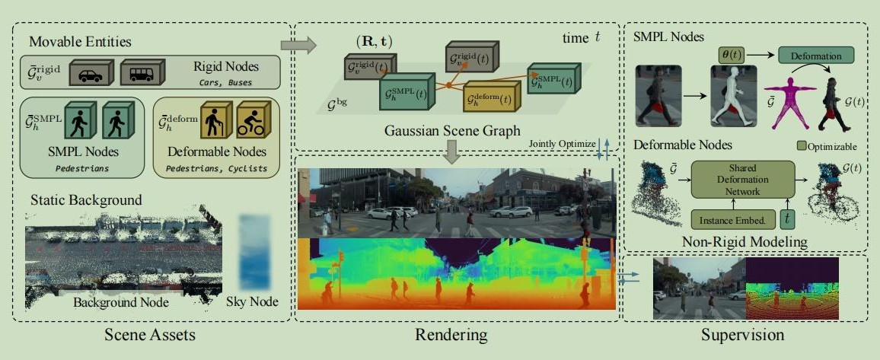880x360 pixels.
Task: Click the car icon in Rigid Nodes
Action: click(91, 73)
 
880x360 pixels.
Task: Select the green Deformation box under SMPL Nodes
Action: click(816, 56)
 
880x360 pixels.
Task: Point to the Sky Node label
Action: click(252, 301)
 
